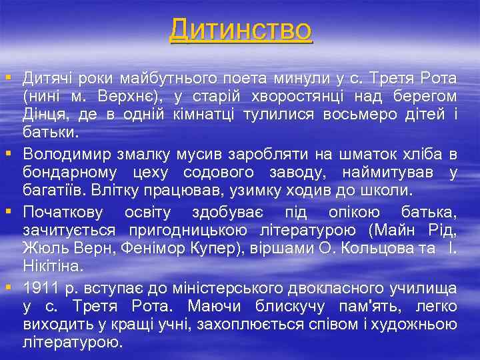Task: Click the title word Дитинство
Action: click(x=240, y=29)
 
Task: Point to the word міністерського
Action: click(x=230, y=289)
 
